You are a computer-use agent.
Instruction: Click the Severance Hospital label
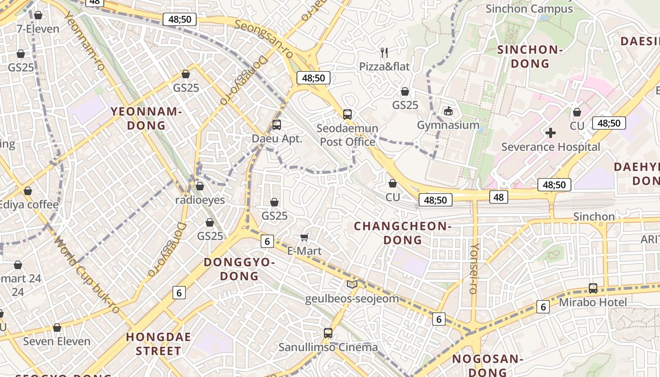(x=551, y=147)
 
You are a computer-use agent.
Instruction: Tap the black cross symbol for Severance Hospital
(x=551, y=133)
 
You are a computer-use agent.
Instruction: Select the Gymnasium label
(x=448, y=125)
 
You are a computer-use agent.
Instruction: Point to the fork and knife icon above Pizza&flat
(x=385, y=52)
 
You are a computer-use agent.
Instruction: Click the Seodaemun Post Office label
(x=348, y=135)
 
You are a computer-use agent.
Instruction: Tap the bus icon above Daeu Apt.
(x=277, y=125)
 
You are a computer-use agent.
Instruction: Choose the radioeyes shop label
(x=200, y=200)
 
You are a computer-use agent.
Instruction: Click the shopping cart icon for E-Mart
(x=305, y=237)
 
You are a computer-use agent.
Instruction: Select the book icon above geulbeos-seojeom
(x=352, y=284)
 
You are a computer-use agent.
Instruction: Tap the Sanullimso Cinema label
(x=328, y=347)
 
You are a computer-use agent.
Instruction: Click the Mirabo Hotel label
(x=593, y=302)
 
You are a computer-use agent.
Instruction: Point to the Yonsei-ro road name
(x=474, y=269)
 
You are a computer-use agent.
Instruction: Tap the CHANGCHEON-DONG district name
(x=403, y=233)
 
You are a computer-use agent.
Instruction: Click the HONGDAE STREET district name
(x=158, y=344)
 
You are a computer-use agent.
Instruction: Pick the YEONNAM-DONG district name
(x=146, y=118)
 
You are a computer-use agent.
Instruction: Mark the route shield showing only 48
(x=499, y=197)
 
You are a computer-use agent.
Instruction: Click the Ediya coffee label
(x=29, y=205)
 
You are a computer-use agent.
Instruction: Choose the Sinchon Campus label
(x=529, y=8)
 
